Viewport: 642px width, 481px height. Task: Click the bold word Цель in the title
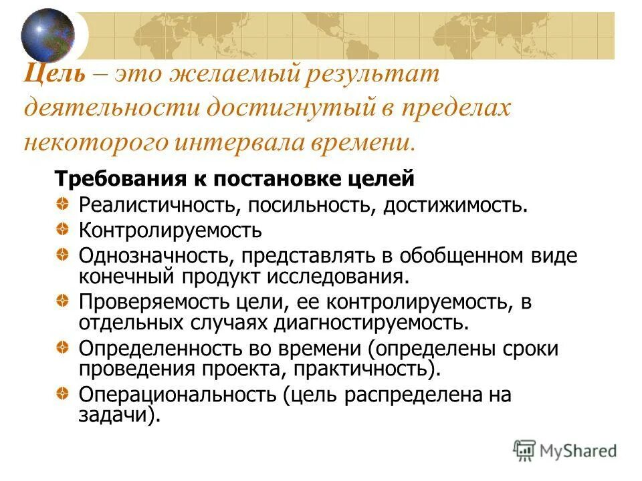coord(55,74)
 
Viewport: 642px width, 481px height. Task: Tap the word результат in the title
coord(374,74)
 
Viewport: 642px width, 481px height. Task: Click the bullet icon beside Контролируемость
coord(61,230)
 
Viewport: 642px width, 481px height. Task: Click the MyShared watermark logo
coord(564,450)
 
